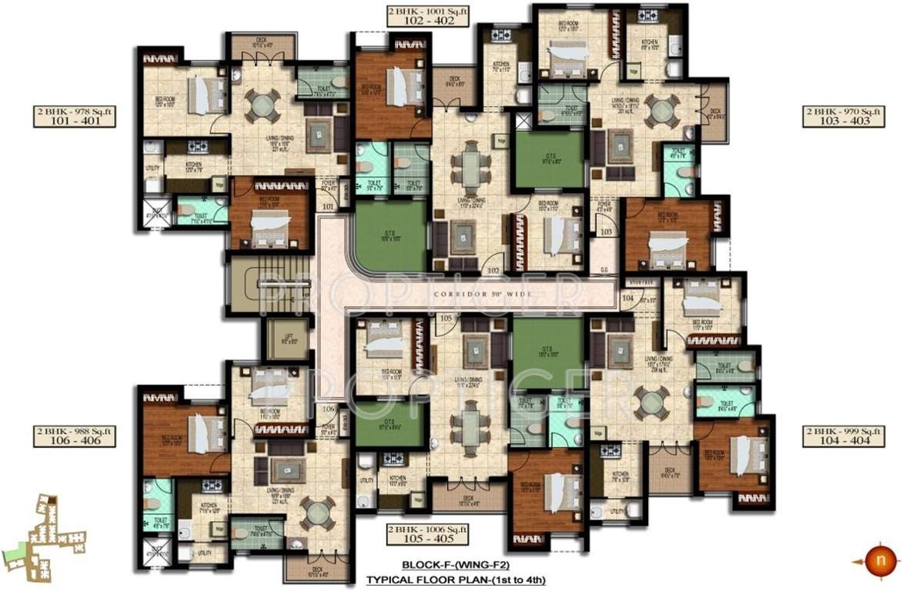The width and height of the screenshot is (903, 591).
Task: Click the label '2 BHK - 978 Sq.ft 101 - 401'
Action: point(74,117)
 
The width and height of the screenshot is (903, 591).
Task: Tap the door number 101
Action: point(329,205)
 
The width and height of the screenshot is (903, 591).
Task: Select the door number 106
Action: point(329,409)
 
